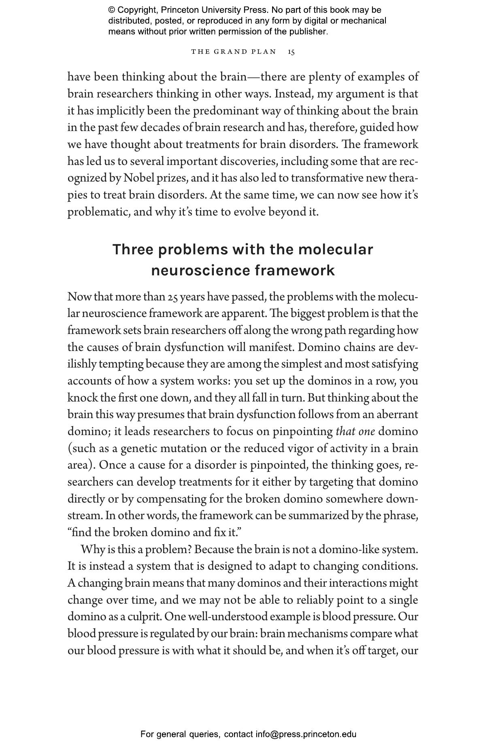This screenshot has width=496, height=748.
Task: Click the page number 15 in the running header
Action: (292, 52)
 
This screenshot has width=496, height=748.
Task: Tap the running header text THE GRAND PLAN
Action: (234, 52)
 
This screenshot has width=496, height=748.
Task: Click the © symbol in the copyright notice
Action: (111, 10)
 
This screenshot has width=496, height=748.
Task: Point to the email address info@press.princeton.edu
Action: (306, 734)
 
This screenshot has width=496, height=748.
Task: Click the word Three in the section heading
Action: (133, 249)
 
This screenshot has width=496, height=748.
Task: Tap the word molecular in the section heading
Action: (335, 249)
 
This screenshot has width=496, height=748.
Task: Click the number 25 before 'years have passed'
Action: (172, 297)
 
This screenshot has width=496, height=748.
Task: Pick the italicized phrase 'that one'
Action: (355, 431)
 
